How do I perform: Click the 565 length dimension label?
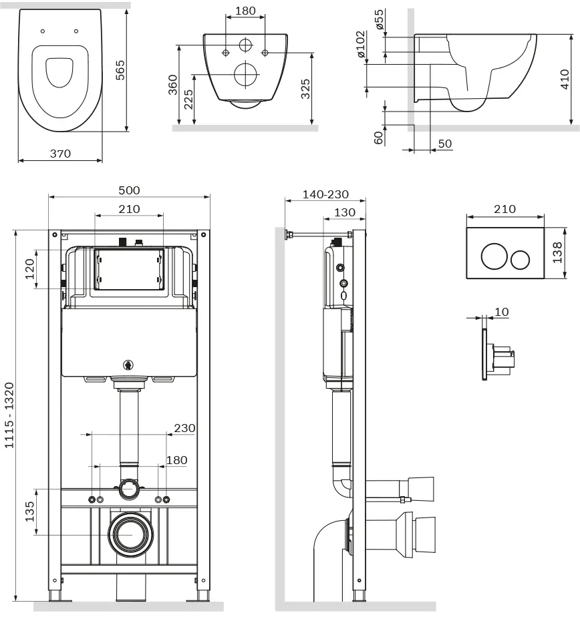(120, 70)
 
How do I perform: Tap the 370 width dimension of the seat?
(60, 154)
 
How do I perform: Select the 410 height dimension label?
(565, 79)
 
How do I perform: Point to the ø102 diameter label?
(361, 44)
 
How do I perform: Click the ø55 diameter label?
(379, 19)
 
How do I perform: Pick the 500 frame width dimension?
(129, 190)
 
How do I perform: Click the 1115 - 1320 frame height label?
(9, 415)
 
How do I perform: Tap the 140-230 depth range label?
(325, 194)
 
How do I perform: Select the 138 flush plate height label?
(557, 252)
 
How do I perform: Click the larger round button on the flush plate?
(494, 256)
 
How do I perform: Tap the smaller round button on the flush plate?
(520, 260)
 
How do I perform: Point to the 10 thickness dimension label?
(501, 312)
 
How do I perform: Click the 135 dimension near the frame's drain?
(29, 511)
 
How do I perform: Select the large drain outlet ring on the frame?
(131, 535)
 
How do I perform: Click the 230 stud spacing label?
(184, 428)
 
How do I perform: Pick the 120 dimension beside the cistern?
(29, 269)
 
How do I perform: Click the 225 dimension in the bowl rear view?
(188, 99)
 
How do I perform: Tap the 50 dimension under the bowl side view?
(445, 144)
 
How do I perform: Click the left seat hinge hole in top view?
(43, 31)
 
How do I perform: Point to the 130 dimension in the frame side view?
(345, 212)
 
